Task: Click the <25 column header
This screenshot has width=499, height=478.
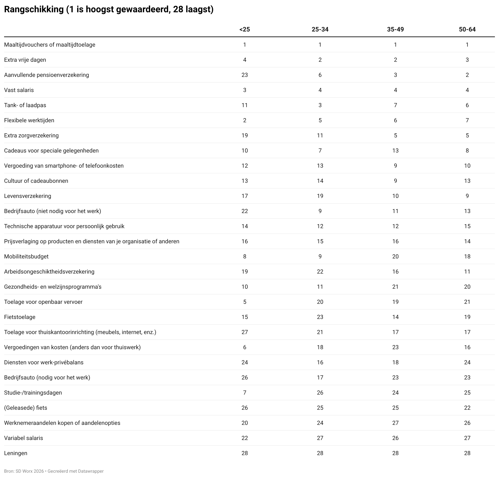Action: [244, 29]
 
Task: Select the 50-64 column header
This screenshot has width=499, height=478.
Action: [467, 29]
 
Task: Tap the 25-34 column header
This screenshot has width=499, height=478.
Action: [320, 29]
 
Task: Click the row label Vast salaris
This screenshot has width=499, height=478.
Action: [19, 90]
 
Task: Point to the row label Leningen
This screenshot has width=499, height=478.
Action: [16, 453]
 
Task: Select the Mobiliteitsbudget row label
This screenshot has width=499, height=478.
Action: [26, 257]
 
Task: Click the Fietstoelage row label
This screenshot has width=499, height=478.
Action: [20, 317]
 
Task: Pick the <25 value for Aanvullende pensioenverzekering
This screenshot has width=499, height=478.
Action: [245, 75]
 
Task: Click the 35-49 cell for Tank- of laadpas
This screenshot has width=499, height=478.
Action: [395, 105]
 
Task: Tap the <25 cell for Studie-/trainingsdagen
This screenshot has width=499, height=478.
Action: [245, 393]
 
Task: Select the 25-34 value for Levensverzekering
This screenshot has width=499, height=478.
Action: [320, 196]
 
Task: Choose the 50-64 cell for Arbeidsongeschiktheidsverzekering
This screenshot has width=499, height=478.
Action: [467, 272]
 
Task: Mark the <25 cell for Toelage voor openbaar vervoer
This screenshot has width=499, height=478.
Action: [245, 302]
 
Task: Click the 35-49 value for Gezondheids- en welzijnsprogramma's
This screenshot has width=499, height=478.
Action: [395, 287]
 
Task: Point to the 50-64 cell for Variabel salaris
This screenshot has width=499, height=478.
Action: [467, 438]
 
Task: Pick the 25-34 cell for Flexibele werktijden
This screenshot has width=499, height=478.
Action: [320, 120]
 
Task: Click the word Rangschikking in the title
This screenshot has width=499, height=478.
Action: [34, 9]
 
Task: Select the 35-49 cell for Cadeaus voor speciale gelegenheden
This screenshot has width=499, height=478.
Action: [395, 151]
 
